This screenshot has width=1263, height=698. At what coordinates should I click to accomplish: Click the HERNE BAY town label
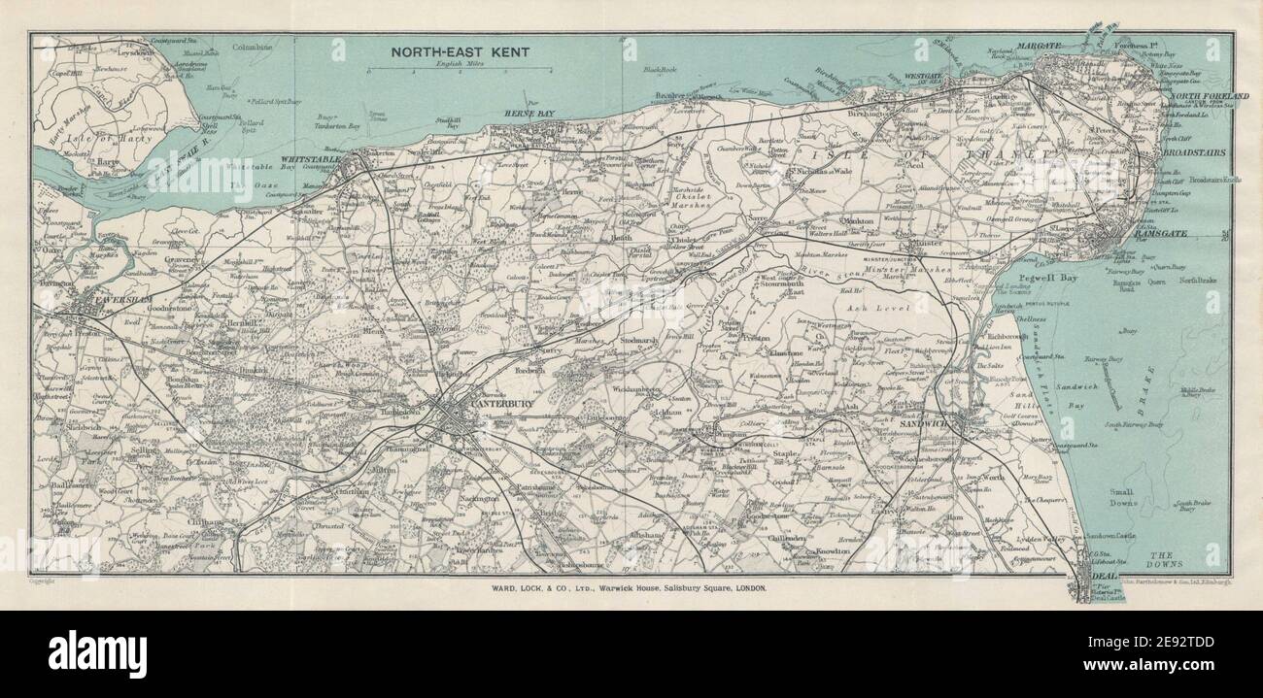[x=529, y=115]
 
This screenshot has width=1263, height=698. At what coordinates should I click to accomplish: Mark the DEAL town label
[x=1107, y=575]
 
